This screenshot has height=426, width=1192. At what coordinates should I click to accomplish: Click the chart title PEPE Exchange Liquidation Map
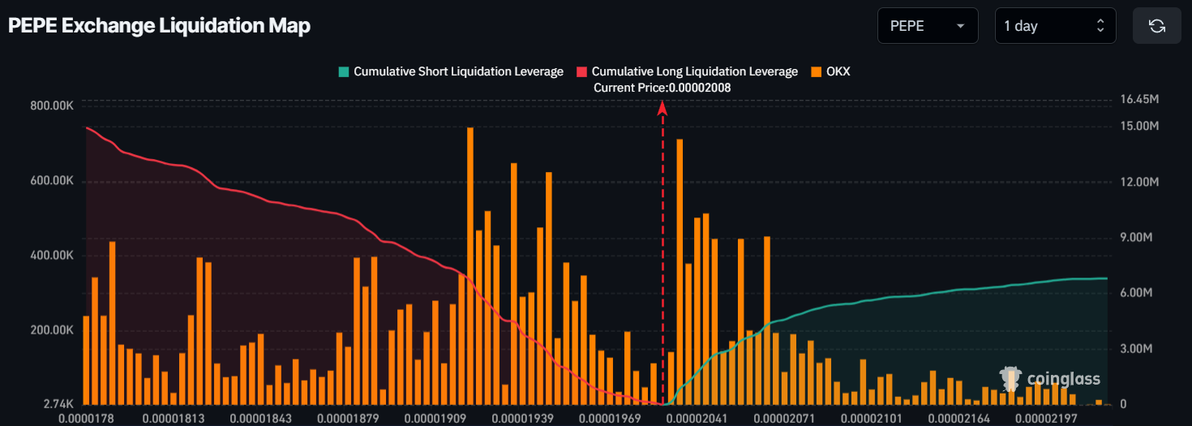(159, 26)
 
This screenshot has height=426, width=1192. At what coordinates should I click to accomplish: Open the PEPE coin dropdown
(928, 26)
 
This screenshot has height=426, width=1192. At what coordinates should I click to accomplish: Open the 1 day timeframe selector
(1055, 26)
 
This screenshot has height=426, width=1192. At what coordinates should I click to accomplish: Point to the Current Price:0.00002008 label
(662, 88)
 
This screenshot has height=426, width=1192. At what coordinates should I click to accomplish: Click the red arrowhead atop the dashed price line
(662, 108)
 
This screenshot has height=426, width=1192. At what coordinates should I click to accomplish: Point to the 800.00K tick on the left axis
(51, 105)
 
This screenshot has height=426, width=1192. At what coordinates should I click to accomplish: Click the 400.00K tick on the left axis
(51, 256)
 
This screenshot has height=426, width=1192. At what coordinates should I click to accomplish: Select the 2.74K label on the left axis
(60, 403)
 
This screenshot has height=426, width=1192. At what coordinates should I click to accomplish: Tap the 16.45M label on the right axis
(1138, 99)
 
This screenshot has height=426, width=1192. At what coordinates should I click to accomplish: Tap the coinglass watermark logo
(1050, 379)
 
